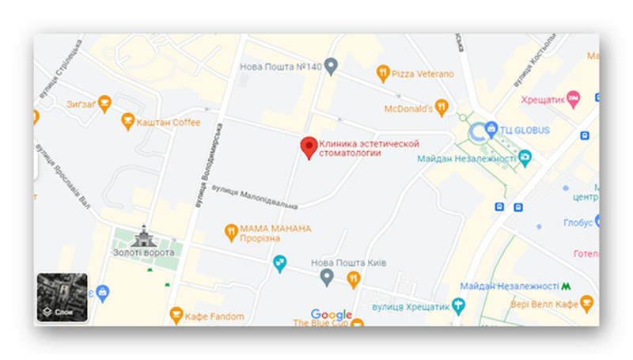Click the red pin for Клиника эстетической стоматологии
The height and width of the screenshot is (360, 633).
coord(309,147)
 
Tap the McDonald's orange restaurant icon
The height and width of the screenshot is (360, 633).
coord(442,106)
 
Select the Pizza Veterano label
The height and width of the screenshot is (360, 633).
coord(423,74)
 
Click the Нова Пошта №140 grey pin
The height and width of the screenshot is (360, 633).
coord(332,64)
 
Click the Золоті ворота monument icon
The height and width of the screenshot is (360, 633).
coord(144,235)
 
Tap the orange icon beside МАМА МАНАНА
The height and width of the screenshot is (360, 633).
coord(231,232)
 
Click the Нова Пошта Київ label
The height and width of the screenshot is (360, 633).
coord(348,263)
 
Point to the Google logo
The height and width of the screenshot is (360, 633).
coord(332,315)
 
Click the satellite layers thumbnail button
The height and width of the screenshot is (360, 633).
coord(63,297)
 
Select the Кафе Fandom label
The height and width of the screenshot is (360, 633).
coord(214,316)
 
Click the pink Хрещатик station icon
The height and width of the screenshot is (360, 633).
coord(574,98)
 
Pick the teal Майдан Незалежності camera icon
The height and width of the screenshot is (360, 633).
coord(525,159)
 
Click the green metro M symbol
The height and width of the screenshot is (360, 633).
coord(567,285)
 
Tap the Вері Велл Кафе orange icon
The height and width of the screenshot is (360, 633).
coord(586,301)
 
